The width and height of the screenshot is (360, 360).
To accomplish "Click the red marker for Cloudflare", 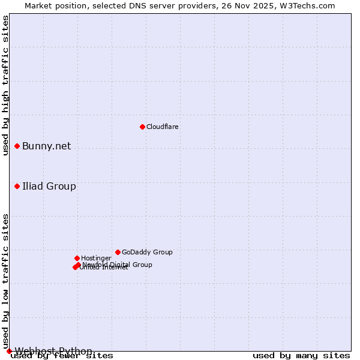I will [142, 127].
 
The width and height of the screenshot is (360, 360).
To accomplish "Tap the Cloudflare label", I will [163, 127].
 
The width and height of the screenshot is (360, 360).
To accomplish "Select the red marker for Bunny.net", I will [17, 146].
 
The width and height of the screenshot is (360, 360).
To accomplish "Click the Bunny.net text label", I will [47, 146].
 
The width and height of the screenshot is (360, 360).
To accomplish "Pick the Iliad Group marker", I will [17, 186].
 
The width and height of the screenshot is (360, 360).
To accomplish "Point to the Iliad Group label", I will [49, 187].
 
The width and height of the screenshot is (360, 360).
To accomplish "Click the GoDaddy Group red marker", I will [118, 252].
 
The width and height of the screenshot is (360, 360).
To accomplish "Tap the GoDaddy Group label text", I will [147, 252].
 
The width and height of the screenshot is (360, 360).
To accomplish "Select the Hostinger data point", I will [77, 258].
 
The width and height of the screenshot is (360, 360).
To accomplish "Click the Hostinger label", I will [97, 258].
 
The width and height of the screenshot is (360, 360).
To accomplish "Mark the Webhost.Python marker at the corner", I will [9, 351].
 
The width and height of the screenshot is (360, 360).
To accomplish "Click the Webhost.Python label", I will [53, 351].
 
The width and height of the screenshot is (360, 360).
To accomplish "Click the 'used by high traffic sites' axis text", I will [6, 85].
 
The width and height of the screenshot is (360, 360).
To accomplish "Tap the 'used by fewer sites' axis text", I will [62, 356].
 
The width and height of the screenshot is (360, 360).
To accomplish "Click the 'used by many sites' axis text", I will [301, 356].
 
